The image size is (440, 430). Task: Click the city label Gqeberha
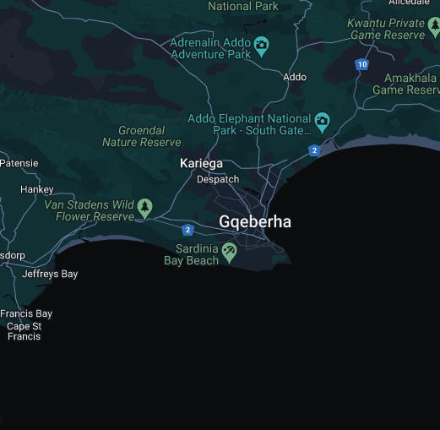click(255, 221)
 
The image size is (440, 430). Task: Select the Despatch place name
click(218, 179)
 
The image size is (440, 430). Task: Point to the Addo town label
click(295, 77)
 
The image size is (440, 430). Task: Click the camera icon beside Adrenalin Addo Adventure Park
click(262, 46)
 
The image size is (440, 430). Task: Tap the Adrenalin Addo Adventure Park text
click(210, 48)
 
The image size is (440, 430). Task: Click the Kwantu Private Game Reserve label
click(386, 30)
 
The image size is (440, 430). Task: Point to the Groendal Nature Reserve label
click(142, 137)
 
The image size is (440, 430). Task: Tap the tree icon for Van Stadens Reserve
click(145, 206)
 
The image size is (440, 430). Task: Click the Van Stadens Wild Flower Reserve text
click(90, 210)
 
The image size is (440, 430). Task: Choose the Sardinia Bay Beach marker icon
click(229, 252)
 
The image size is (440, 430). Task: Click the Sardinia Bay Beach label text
click(191, 255)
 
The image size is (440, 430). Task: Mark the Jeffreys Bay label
click(50, 274)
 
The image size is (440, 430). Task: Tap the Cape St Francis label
click(24, 331)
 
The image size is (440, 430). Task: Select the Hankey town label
click(36, 189)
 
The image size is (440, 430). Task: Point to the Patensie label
click(19, 163)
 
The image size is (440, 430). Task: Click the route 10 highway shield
click(361, 64)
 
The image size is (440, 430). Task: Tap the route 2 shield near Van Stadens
click(187, 230)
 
